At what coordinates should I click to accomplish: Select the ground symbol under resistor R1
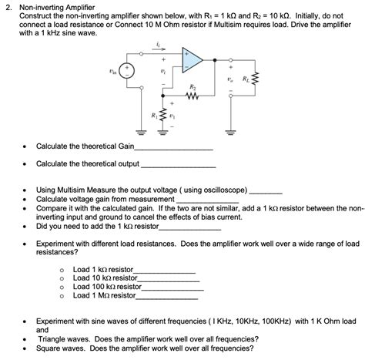(x=162, y=136)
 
